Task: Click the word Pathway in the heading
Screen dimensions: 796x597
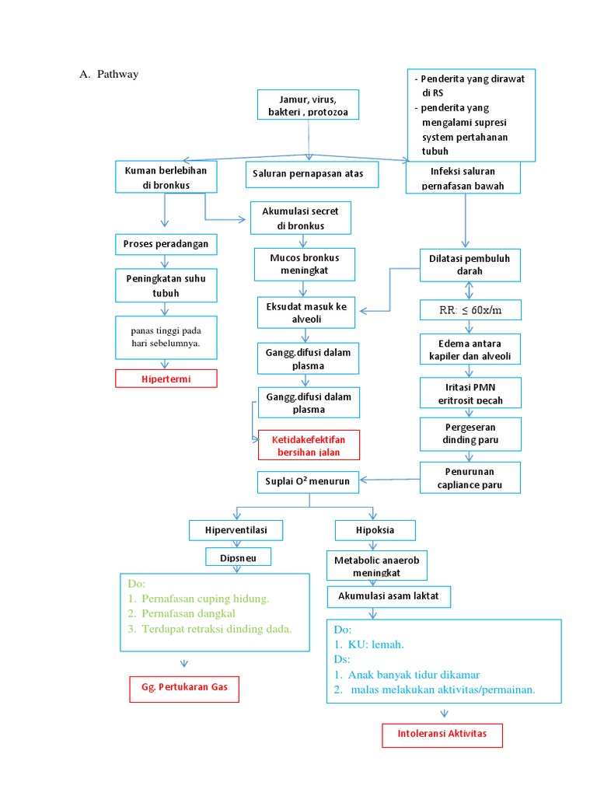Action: tap(117, 75)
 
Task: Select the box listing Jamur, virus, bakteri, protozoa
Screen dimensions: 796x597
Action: tap(309, 106)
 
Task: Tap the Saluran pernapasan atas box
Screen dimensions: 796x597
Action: tap(312, 174)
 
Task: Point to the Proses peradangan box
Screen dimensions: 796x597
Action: tap(166, 244)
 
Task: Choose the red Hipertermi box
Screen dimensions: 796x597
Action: tap(166, 379)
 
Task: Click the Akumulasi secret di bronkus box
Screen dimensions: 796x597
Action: tap(300, 218)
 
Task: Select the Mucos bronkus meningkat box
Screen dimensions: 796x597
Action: tap(305, 264)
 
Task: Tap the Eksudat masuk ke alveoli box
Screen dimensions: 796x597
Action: tap(305, 312)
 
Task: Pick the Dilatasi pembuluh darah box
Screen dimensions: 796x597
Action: tap(470, 265)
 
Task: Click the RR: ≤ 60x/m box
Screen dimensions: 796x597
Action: tap(470, 310)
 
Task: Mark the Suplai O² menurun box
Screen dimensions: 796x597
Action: tap(309, 481)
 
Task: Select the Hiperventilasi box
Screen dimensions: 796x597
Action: tap(236, 530)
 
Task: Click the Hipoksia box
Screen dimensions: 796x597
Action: tap(375, 530)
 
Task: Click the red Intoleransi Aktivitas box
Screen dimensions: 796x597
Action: tap(442, 735)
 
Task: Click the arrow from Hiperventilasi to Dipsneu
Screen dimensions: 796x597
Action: tap(236, 544)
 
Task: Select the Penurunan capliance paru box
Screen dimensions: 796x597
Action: tap(470, 478)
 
